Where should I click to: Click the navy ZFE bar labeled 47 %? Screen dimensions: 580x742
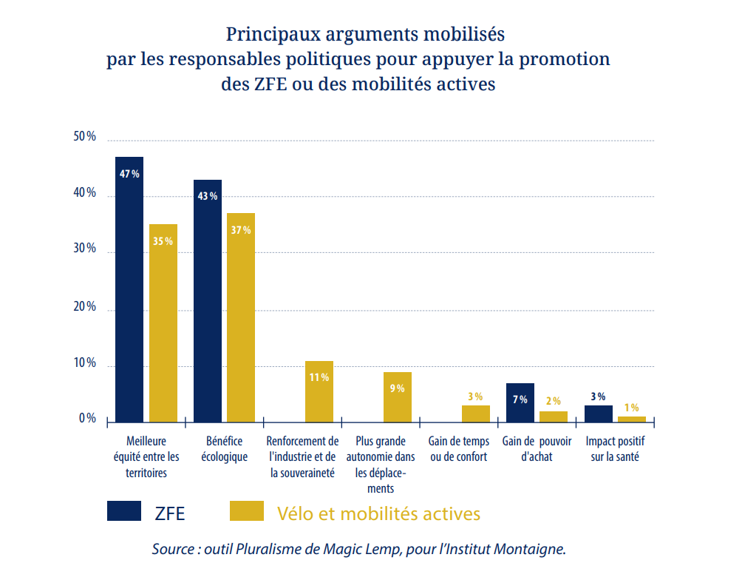pos(129,289)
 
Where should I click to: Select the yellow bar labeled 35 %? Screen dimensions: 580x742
pos(163,323)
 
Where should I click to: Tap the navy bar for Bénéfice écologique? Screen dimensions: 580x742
pos(208,300)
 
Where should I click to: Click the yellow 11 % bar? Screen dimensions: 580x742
pos(319,391)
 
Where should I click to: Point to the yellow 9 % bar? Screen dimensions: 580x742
pos(398,397)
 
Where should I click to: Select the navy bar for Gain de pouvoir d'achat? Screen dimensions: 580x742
pos(520,402)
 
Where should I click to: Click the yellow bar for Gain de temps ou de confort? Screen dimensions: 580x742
pos(476,414)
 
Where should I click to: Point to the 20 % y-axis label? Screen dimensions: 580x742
pos(85,307)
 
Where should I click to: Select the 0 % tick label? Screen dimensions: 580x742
pos(88,419)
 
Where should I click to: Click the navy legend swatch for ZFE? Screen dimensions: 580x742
pos(124,511)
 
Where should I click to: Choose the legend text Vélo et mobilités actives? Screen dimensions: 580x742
pos(378,513)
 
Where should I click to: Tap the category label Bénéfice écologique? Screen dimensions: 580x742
pos(224,449)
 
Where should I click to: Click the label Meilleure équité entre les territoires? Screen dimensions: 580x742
pos(146,456)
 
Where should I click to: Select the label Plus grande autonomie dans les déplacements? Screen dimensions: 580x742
pos(381,465)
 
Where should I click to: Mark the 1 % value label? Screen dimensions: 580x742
pos(631,408)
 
